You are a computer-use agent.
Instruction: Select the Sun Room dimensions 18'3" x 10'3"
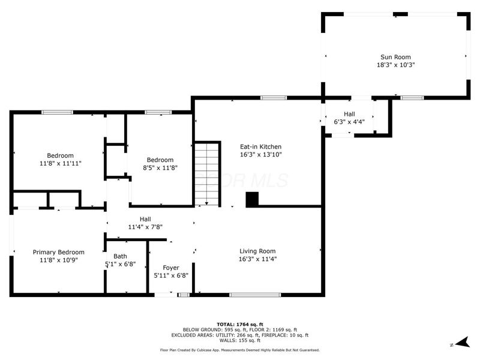(x=395, y=65)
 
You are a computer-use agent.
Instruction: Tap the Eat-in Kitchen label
(x=260, y=146)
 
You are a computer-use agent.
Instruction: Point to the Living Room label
(x=257, y=251)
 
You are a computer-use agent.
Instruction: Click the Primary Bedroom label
(x=58, y=252)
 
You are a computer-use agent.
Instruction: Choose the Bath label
(x=120, y=256)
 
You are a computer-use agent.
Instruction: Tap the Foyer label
(x=172, y=268)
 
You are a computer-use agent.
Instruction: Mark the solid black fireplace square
(x=253, y=199)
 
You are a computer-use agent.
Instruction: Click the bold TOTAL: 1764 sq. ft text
(x=239, y=324)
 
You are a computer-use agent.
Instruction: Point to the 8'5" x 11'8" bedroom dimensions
(x=161, y=168)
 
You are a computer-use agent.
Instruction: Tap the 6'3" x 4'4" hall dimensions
(x=349, y=122)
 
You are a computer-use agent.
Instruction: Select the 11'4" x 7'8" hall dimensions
(x=145, y=227)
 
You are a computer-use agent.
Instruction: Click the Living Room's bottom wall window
(x=255, y=295)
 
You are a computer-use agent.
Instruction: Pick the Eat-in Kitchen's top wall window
(x=273, y=98)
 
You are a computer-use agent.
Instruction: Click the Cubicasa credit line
(x=239, y=350)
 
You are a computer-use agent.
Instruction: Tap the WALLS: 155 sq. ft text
(x=239, y=340)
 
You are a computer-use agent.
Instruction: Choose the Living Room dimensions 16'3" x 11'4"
(x=257, y=259)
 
